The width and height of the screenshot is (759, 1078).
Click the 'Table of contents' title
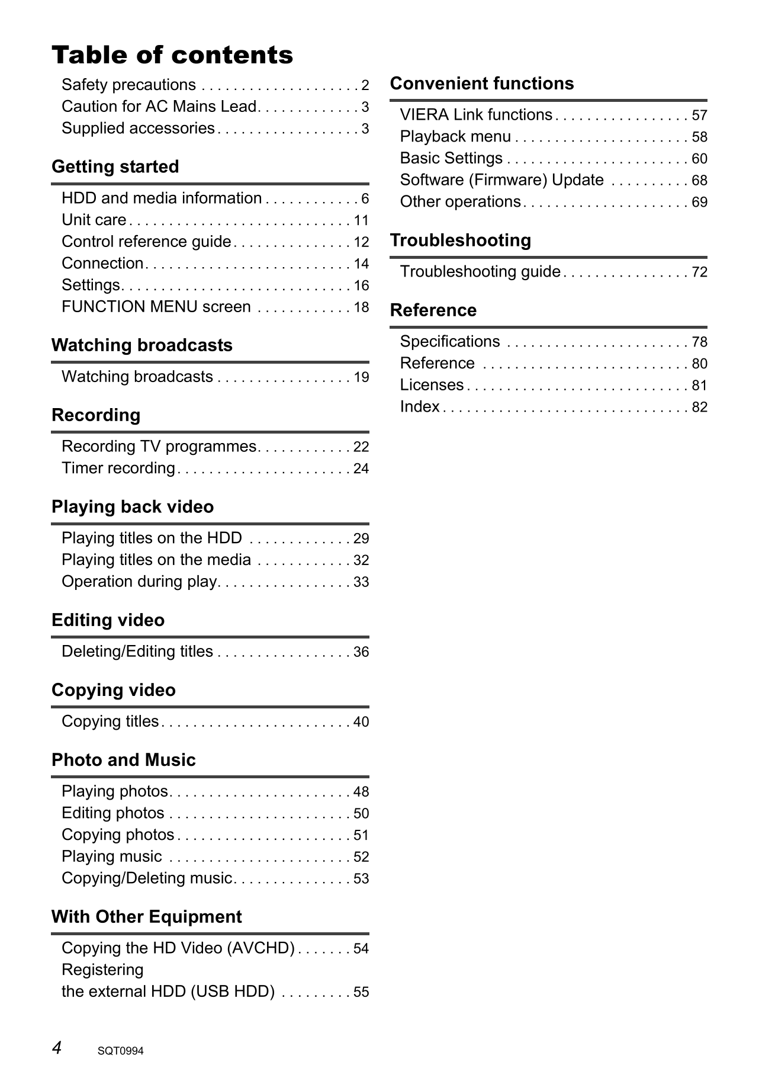[172, 55]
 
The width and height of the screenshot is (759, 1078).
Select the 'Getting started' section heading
[115, 167]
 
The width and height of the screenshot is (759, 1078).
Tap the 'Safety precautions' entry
[128, 85]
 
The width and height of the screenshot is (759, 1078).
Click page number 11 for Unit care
[361, 221]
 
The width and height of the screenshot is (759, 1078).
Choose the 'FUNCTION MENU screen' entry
[156, 307]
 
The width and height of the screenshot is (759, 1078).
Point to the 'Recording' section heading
[96, 415]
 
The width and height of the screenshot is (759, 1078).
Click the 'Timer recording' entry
[118, 469]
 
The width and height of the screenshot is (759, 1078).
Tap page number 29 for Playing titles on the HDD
[361, 539]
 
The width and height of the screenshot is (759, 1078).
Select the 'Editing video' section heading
[108, 621]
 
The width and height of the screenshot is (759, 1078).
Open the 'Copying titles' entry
[110, 722]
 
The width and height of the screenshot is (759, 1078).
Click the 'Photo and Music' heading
[123, 761]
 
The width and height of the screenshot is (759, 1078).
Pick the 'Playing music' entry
[112, 857]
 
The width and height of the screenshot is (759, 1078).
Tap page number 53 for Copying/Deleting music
[361, 879]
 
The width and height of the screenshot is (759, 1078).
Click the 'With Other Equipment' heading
[146, 917]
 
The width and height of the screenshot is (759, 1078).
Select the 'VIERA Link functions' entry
[476, 115]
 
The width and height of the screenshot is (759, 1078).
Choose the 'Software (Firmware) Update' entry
[502, 180]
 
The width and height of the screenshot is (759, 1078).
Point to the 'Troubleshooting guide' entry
[480, 272]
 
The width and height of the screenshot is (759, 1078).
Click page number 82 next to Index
[700, 408]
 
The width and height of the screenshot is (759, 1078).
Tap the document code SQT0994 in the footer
[121, 1051]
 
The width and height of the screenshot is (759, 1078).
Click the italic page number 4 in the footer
[57, 1048]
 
